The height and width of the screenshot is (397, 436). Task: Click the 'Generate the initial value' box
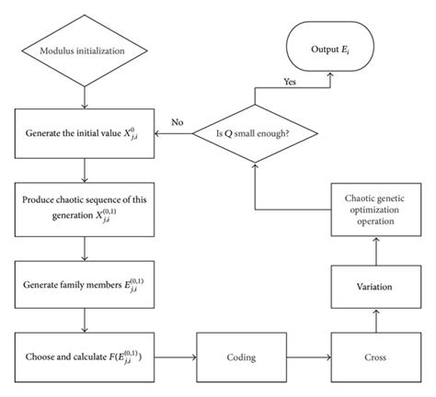coord(84,134)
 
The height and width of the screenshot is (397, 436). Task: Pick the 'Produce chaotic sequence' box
coord(84,207)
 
